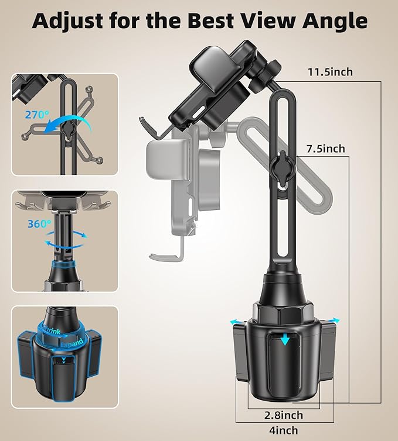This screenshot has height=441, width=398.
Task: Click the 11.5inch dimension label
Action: [330, 72]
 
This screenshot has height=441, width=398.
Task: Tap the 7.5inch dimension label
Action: [326, 149]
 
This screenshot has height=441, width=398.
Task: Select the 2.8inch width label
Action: [284, 415]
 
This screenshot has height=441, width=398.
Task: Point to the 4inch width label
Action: [284, 430]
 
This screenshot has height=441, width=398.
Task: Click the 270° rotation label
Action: [37, 115]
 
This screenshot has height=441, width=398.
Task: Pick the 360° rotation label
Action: [40, 223]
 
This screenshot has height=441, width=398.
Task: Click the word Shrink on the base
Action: [51, 329]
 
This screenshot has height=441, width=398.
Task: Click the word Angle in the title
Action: [335, 21]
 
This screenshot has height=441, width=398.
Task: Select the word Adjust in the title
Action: [67, 21]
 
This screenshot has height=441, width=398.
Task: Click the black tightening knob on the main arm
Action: [284, 167]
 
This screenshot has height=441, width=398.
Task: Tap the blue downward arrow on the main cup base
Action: [285, 339]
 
